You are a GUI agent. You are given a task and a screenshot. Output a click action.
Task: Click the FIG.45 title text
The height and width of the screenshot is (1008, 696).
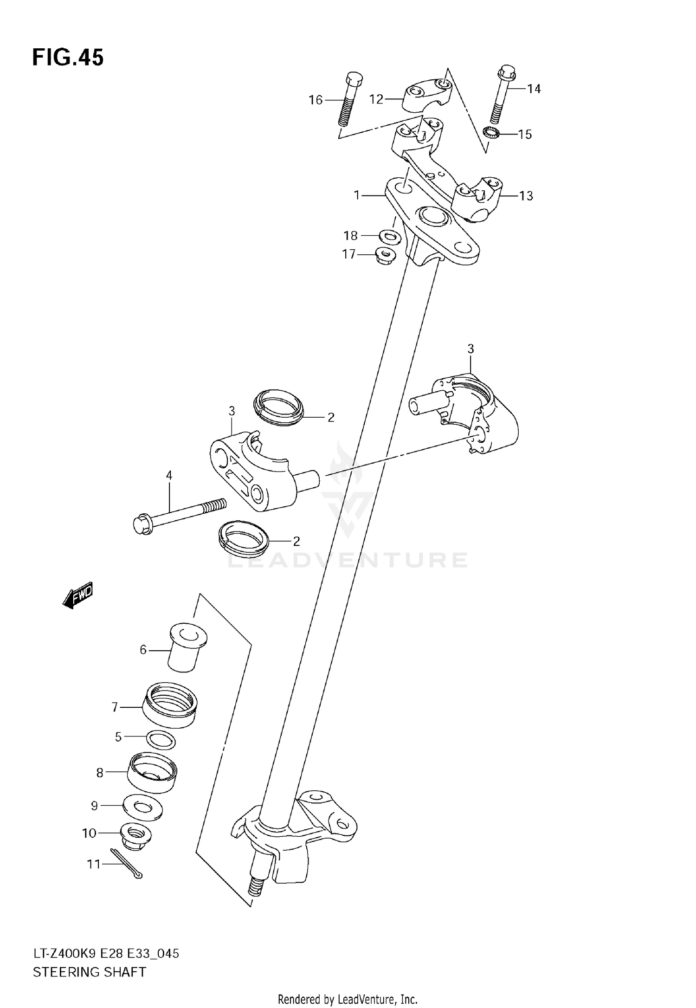68,58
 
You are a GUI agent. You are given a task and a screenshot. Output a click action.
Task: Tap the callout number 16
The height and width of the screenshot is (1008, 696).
316,100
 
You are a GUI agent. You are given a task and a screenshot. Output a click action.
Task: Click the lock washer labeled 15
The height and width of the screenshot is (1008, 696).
490,133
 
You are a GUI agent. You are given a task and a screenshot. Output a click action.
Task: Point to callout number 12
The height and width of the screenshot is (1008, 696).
376,99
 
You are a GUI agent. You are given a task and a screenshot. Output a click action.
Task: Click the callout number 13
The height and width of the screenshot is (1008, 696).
526,196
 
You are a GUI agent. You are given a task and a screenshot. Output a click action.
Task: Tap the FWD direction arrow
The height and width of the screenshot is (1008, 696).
78,594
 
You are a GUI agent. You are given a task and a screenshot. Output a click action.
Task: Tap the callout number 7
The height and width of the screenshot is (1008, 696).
115,707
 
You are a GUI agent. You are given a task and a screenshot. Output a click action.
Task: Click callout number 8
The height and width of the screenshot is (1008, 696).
100,773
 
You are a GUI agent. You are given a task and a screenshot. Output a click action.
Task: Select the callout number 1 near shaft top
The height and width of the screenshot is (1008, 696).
357,195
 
